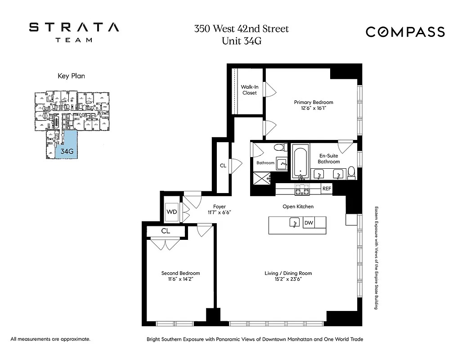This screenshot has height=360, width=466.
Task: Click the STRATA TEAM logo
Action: point(74,31)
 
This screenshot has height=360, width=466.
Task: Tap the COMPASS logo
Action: point(405,32)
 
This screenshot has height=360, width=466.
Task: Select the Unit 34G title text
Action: point(241,41)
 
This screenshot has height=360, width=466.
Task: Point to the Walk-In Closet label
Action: point(249,90)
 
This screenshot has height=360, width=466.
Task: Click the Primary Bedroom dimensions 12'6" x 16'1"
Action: point(314,108)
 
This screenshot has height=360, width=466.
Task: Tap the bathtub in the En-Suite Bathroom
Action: point(300,162)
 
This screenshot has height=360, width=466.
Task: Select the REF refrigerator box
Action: point(327,189)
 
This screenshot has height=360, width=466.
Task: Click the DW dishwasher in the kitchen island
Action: point(309,222)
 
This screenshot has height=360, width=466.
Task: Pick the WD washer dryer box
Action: point(171,211)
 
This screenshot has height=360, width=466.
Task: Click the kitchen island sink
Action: point(294,222)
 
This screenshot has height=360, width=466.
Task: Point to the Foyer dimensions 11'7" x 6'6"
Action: point(220,212)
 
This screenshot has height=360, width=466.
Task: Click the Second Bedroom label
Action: point(180,273)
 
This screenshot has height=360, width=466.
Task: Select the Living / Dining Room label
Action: point(288,273)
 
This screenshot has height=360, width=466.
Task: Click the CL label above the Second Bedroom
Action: point(165,231)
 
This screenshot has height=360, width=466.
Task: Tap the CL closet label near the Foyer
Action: point(223,166)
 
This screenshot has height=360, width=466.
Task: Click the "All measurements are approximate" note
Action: point(50,339)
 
